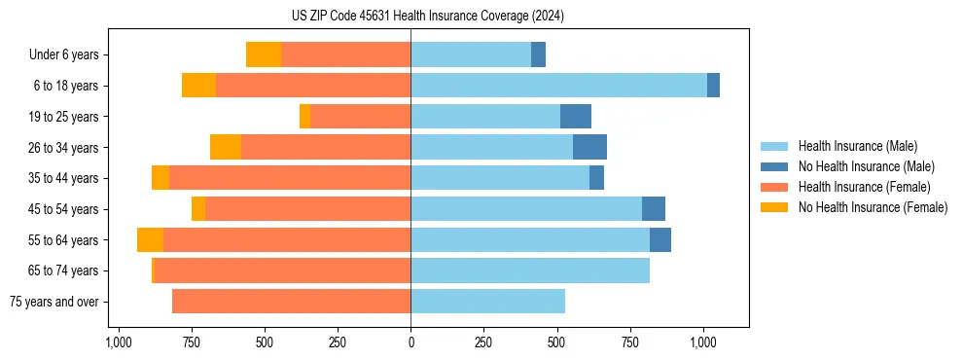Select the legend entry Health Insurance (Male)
[x=857, y=146]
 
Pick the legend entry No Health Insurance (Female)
[x=873, y=207]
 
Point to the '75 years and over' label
[x=54, y=302]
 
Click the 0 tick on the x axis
[x=410, y=342]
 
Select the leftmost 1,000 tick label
[x=118, y=342]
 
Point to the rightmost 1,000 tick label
[x=703, y=342]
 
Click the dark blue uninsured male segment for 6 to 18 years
[x=713, y=86]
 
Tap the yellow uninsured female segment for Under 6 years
[x=264, y=54]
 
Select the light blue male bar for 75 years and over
[x=487, y=302]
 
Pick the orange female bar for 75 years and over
[x=291, y=302]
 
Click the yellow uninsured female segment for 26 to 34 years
[x=226, y=147]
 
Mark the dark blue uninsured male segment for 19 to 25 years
[x=576, y=117]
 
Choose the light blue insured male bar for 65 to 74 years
[x=530, y=270]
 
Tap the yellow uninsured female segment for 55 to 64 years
[x=150, y=239]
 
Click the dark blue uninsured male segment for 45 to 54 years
[x=654, y=209]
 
